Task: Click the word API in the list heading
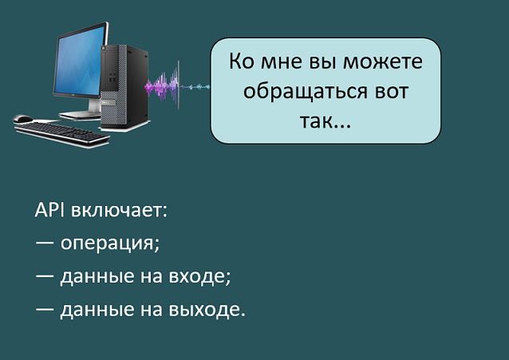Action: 49,210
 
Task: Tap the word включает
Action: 119,211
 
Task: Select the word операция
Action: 110,243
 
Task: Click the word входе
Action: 199,276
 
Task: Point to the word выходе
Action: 207,309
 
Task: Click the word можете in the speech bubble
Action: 383,61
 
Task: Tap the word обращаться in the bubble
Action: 306,92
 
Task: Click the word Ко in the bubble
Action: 242,61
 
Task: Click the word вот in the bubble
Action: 392,92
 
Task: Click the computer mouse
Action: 22,118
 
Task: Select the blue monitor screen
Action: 81,61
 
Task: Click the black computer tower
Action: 124,87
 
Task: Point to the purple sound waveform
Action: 162,85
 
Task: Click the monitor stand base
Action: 81,114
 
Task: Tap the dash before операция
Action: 45,243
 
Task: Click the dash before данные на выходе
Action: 45,309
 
